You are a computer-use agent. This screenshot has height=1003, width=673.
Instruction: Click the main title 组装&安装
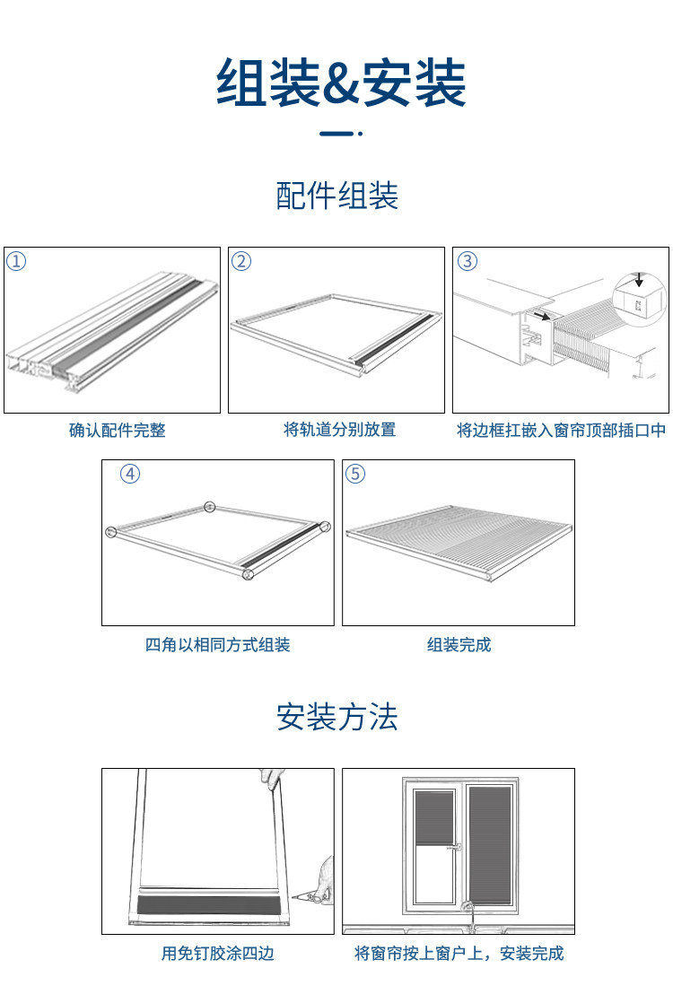(341, 83)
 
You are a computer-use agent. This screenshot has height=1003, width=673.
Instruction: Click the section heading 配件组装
(336, 196)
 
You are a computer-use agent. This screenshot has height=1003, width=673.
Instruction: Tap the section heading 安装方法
(336, 718)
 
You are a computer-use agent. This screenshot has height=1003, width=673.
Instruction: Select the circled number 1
(17, 261)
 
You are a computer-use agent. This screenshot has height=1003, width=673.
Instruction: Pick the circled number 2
(241, 261)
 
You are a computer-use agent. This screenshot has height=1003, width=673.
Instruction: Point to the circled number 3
(467, 261)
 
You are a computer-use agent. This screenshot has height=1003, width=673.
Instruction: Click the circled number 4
(130, 474)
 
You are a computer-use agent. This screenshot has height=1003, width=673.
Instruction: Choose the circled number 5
(355, 474)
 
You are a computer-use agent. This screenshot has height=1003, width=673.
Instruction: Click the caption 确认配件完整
(118, 431)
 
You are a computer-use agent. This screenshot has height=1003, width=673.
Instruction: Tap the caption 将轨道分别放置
(339, 430)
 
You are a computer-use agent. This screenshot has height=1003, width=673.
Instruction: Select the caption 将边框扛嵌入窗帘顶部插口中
(562, 431)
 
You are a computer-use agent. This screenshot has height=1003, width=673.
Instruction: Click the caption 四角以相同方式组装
(217, 645)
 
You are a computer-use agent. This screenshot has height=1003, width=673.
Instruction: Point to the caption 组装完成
(459, 645)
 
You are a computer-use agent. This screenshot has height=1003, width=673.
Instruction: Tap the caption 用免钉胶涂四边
(217, 954)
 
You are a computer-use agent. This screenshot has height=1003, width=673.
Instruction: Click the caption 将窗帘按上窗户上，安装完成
(459, 954)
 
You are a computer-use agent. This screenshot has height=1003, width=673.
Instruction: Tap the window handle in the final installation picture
(458, 845)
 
